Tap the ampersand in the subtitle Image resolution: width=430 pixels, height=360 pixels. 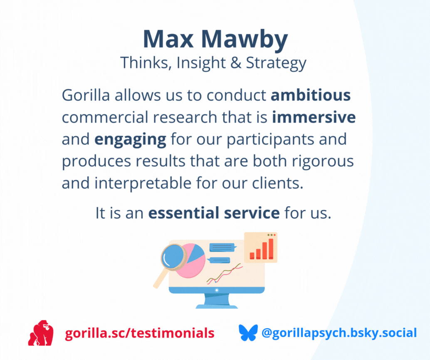coord(236,63)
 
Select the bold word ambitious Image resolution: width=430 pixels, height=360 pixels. coord(311,95)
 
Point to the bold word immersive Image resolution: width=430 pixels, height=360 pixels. coord(314,117)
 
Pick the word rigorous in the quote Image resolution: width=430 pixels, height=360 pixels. coord(323,161)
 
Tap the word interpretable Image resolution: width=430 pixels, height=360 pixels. coord(143,183)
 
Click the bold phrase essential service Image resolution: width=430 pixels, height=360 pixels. coord(214,213)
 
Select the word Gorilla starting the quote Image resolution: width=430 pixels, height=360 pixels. coord(86,95)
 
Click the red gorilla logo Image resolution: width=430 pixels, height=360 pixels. coord(41,333)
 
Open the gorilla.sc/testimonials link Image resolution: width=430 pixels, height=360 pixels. coord(140,333)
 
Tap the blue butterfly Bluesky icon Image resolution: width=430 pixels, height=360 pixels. coord(248,333)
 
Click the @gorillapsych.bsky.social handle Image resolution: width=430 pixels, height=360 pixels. coord(339,333)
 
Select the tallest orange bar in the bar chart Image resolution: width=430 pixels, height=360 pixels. coord(271,249)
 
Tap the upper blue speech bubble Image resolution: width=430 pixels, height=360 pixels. coord(222,248)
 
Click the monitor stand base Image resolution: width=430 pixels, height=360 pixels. coord(217,306)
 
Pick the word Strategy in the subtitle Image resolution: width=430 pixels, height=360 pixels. coord(276,63)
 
